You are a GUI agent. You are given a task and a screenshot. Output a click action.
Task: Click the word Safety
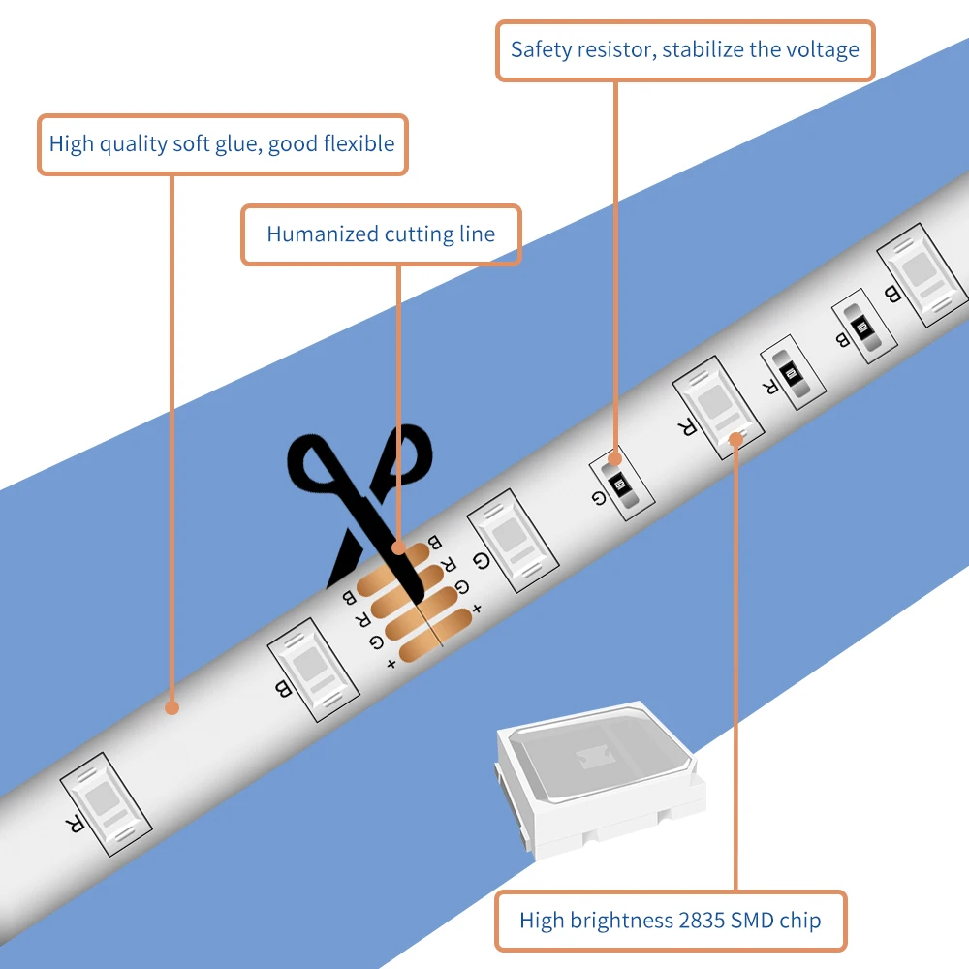(542, 48)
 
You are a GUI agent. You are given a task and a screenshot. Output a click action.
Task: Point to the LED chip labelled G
(514, 539)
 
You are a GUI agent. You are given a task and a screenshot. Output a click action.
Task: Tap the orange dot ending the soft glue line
(172, 707)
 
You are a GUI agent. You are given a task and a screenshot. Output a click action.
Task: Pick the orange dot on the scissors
(398, 547)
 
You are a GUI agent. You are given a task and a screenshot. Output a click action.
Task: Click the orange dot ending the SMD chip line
(735, 439)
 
